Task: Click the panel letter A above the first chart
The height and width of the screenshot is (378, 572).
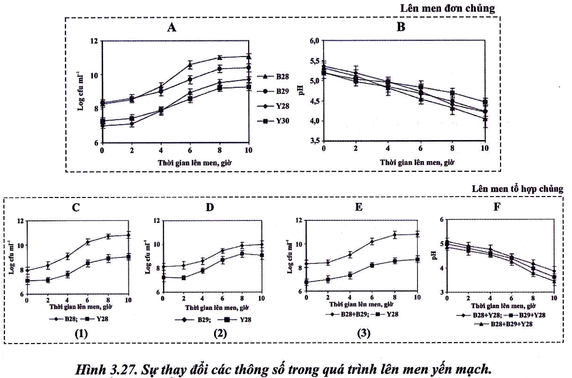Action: (171, 28)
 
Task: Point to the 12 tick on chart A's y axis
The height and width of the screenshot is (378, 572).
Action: (94, 41)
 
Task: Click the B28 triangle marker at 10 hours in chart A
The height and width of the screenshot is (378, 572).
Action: (249, 57)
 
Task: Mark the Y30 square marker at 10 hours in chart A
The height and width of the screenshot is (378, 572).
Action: (249, 87)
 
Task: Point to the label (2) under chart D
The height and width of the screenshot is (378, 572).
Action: (211, 335)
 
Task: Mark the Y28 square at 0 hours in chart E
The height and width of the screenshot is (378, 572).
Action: (306, 282)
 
